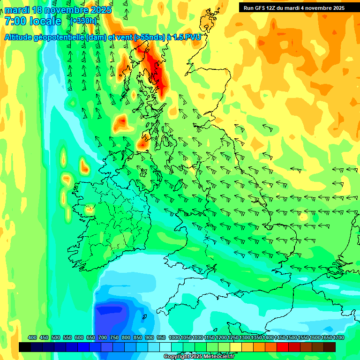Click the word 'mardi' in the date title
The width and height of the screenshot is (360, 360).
16,10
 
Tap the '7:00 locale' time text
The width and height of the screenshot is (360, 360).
33,21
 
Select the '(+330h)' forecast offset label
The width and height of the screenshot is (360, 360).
83,21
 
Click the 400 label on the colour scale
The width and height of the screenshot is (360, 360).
32,338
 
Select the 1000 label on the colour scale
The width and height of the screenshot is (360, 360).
174,338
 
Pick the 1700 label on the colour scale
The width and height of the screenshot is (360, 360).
326,338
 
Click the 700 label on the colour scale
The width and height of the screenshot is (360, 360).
102,338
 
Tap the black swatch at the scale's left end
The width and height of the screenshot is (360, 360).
25,347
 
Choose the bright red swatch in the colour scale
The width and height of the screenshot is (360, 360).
283,347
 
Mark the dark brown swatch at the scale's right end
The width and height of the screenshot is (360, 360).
330,347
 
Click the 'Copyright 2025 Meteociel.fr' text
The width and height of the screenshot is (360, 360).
199,357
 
